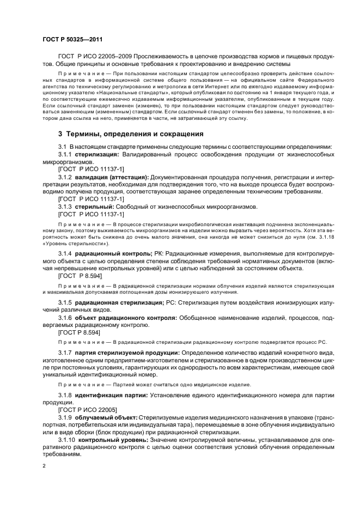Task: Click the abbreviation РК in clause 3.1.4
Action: click(158, 254)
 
